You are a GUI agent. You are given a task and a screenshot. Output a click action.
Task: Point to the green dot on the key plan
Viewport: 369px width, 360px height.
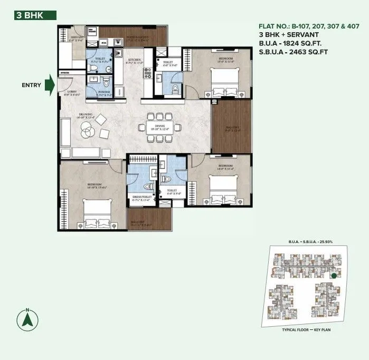point(334,276)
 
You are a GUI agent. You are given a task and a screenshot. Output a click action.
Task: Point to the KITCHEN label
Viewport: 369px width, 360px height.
point(135,61)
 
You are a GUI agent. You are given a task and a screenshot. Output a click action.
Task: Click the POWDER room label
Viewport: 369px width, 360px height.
point(105,92)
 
